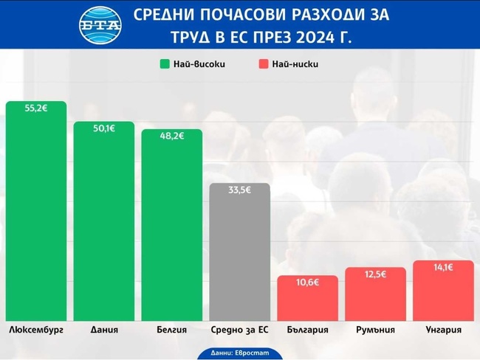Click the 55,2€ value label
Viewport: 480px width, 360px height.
coord(35,108)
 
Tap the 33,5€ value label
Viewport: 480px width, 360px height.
coord(240,190)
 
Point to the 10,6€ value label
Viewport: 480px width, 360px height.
coord(308,283)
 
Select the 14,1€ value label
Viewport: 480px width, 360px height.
coord(443,268)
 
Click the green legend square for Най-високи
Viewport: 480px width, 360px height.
coord(165,63)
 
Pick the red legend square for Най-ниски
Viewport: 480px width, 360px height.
coord(264,63)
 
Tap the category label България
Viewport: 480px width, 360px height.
coord(308,330)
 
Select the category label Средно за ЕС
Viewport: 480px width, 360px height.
coord(240,330)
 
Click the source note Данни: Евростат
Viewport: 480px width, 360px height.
coord(240,353)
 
